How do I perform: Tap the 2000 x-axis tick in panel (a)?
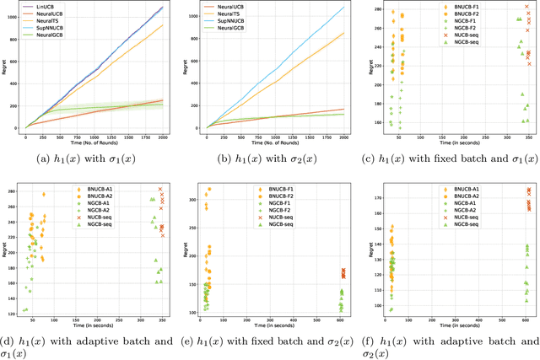point(163,136)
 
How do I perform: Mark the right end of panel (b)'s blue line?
point(344,8)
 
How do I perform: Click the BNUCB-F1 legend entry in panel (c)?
point(467,8)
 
